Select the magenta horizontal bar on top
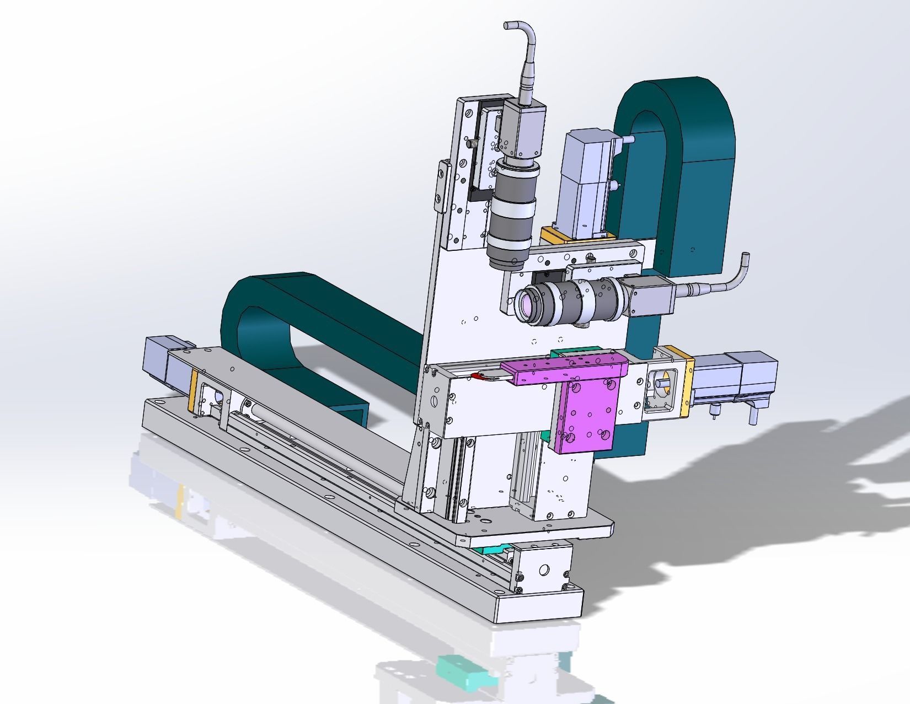pyautogui.click(x=568, y=368)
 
